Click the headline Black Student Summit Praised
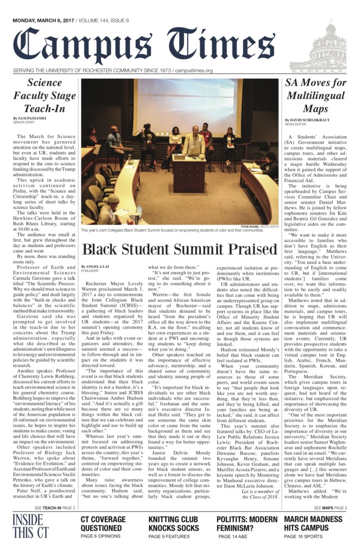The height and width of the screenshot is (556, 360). (176, 249)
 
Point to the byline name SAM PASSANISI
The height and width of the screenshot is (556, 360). (34, 117)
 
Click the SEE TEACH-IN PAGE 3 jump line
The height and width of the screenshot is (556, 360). (54, 508)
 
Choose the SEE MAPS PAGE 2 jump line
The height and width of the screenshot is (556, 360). (330, 508)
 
